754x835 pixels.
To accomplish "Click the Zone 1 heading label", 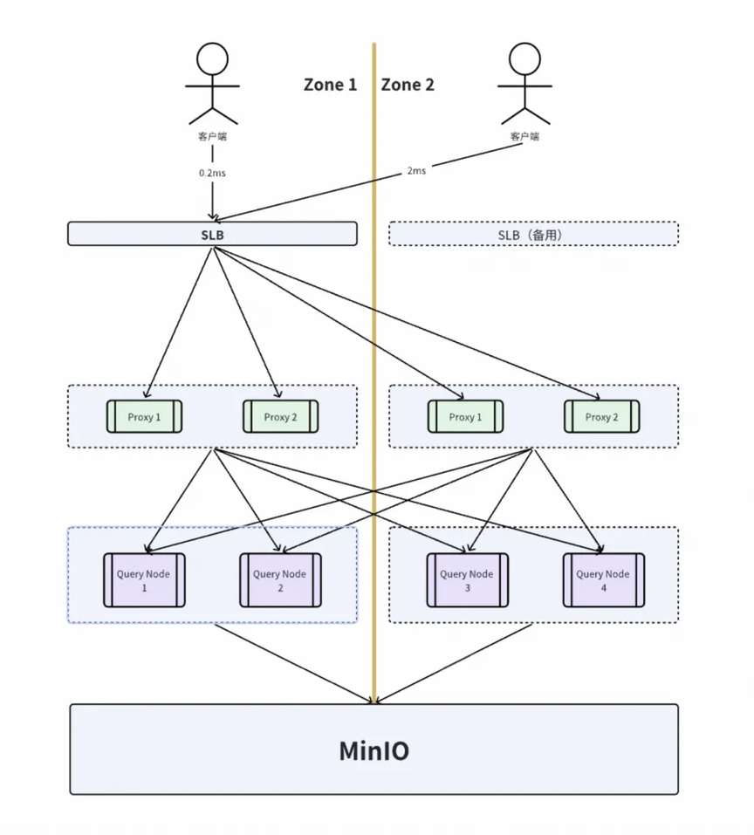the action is (x=330, y=85).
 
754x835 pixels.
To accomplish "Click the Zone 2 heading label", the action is (x=408, y=85).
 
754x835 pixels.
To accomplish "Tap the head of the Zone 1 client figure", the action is (x=212, y=58).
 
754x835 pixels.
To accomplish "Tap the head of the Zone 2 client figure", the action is (x=524, y=58).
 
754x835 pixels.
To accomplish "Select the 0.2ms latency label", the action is (x=212, y=173).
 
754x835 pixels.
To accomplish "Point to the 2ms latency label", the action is (x=416, y=170).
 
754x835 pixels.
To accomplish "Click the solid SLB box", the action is (x=212, y=234).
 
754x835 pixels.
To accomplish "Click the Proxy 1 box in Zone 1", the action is (x=144, y=416).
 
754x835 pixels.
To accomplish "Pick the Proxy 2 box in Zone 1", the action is (x=281, y=416).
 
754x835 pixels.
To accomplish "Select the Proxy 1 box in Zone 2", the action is (x=465, y=416).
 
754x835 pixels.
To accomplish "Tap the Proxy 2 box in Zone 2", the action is (x=601, y=416).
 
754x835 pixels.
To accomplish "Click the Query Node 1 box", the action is (x=144, y=580).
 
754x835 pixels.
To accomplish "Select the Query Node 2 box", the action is (x=280, y=580).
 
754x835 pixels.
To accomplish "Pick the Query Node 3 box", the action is (x=468, y=580).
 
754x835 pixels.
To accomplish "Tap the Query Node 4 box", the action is (x=604, y=580).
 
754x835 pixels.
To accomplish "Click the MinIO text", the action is (x=374, y=751).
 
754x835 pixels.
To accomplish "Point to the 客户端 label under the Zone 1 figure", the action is (x=212, y=136).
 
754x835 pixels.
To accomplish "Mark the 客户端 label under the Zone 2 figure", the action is (x=524, y=136).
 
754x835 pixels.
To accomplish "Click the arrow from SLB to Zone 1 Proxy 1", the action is (x=179, y=322).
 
